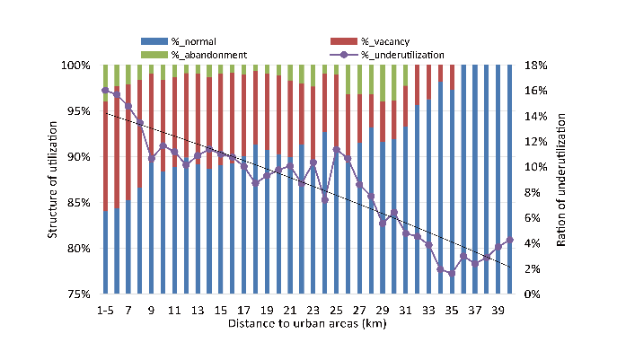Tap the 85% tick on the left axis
[x=78, y=202]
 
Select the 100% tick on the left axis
[x=76, y=66]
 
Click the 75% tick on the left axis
[x=78, y=294]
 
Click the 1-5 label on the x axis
[x=105, y=310]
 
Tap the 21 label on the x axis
[x=289, y=310]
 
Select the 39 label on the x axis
[x=498, y=310]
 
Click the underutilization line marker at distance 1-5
[x=105, y=90]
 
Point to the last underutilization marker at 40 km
[x=509, y=240]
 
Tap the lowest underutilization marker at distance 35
[x=452, y=273]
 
